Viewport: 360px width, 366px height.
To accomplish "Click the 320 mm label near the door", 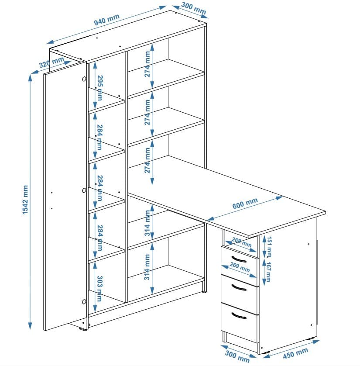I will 48,63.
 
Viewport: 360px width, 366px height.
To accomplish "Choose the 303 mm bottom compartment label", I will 99,288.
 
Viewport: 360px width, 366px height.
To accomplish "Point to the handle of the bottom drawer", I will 239,316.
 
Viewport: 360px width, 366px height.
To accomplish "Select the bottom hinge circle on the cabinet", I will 84,301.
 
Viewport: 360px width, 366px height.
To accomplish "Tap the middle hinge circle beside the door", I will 84,190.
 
